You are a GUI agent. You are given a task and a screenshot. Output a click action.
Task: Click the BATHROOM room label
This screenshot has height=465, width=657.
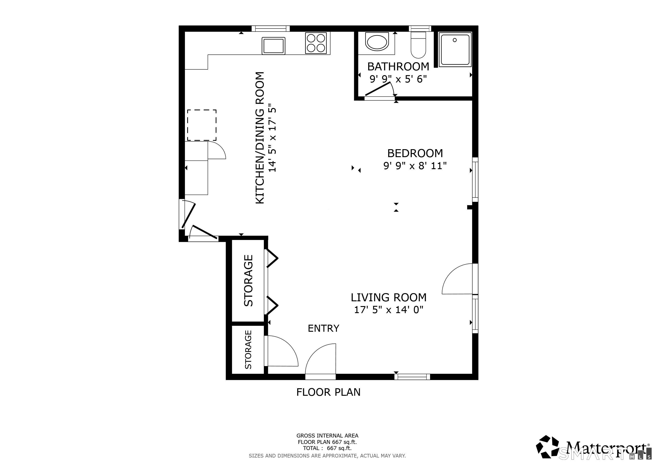point(398,67)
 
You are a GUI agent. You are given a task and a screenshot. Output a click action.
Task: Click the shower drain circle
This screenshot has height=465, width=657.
point(454,40)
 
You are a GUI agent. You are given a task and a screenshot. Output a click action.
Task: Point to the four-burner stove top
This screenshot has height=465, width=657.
point(316,43)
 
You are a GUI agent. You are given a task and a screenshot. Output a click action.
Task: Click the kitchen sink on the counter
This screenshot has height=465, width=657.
point(273,46)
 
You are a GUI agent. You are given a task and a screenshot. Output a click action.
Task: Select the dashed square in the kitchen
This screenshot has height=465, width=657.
point(202,125)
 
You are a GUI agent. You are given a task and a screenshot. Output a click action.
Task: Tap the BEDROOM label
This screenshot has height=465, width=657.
point(415,153)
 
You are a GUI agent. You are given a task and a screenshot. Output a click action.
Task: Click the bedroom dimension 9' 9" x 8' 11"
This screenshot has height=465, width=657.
point(415,166)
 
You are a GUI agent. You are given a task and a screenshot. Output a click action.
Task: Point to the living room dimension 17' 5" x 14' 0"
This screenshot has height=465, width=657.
point(389,310)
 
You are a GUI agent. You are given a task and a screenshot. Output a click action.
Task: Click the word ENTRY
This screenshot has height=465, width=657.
point(323,328)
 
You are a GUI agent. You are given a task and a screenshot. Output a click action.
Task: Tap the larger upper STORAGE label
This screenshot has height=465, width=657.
point(248,281)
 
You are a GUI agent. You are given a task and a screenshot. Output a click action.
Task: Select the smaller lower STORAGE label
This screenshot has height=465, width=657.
point(248,350)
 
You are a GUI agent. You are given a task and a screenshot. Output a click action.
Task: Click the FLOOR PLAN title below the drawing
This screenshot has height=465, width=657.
point(328,392)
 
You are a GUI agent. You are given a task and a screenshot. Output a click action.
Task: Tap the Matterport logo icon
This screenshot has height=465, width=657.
point(547,447)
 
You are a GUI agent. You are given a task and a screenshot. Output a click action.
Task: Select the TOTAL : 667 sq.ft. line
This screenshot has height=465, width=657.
point(327,448)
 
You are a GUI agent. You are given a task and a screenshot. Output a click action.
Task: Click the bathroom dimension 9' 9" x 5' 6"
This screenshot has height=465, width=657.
point(398,79)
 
